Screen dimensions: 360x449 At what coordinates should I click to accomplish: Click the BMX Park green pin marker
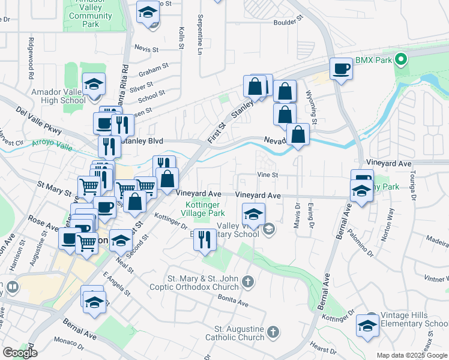click(402, 59)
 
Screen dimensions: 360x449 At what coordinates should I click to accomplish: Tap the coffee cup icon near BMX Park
click(341, 68)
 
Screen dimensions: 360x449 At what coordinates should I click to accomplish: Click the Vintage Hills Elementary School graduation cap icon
click(367, 325)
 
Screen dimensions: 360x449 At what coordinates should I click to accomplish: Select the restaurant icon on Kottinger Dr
click(205, 239)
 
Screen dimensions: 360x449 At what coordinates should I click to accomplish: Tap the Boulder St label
click(285, 22)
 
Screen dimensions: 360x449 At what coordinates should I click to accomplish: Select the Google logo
click(20, 353)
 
